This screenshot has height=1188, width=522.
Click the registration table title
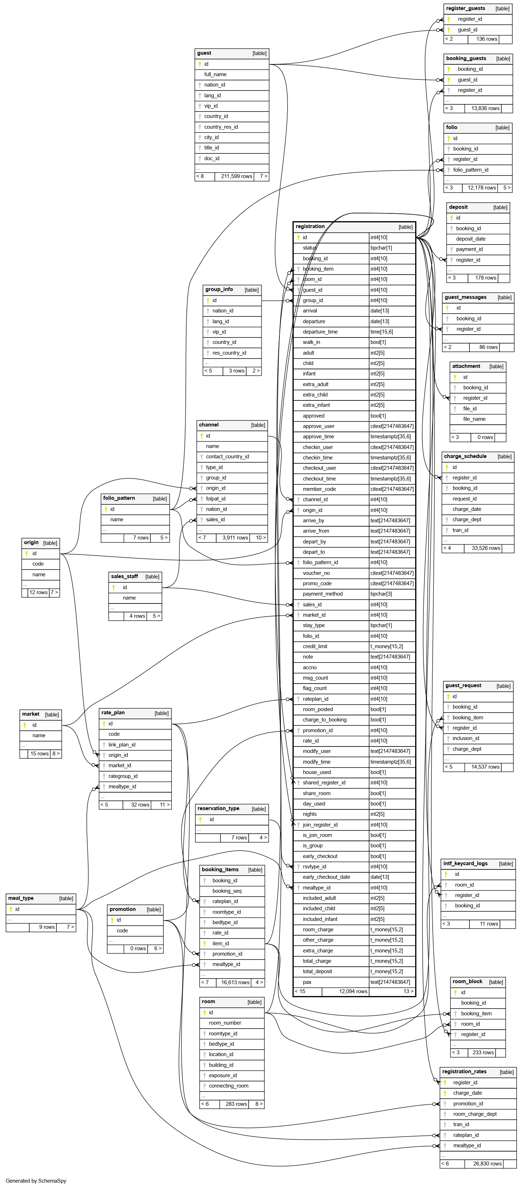point(310,226)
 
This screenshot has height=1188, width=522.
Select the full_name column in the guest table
point(215,74)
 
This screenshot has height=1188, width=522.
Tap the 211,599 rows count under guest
point(237,176)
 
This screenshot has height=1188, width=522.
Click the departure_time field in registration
point(320,331)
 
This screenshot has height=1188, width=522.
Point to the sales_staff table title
point(124,576)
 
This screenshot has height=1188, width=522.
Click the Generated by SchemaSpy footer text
point(36,1180)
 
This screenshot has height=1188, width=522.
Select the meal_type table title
point(21,898)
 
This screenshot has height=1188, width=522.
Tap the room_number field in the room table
point(225,1023)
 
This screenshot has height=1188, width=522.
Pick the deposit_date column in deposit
point(471,239)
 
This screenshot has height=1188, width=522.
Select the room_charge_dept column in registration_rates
point(474,1114)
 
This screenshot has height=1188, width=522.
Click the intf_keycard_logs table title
point(465,863)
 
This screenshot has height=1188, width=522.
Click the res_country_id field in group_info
point(229,353)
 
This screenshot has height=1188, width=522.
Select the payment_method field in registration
point(323,594)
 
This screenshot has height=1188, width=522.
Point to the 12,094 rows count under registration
point(353,991)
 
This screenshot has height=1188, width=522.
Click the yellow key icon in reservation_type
point(200,819)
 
